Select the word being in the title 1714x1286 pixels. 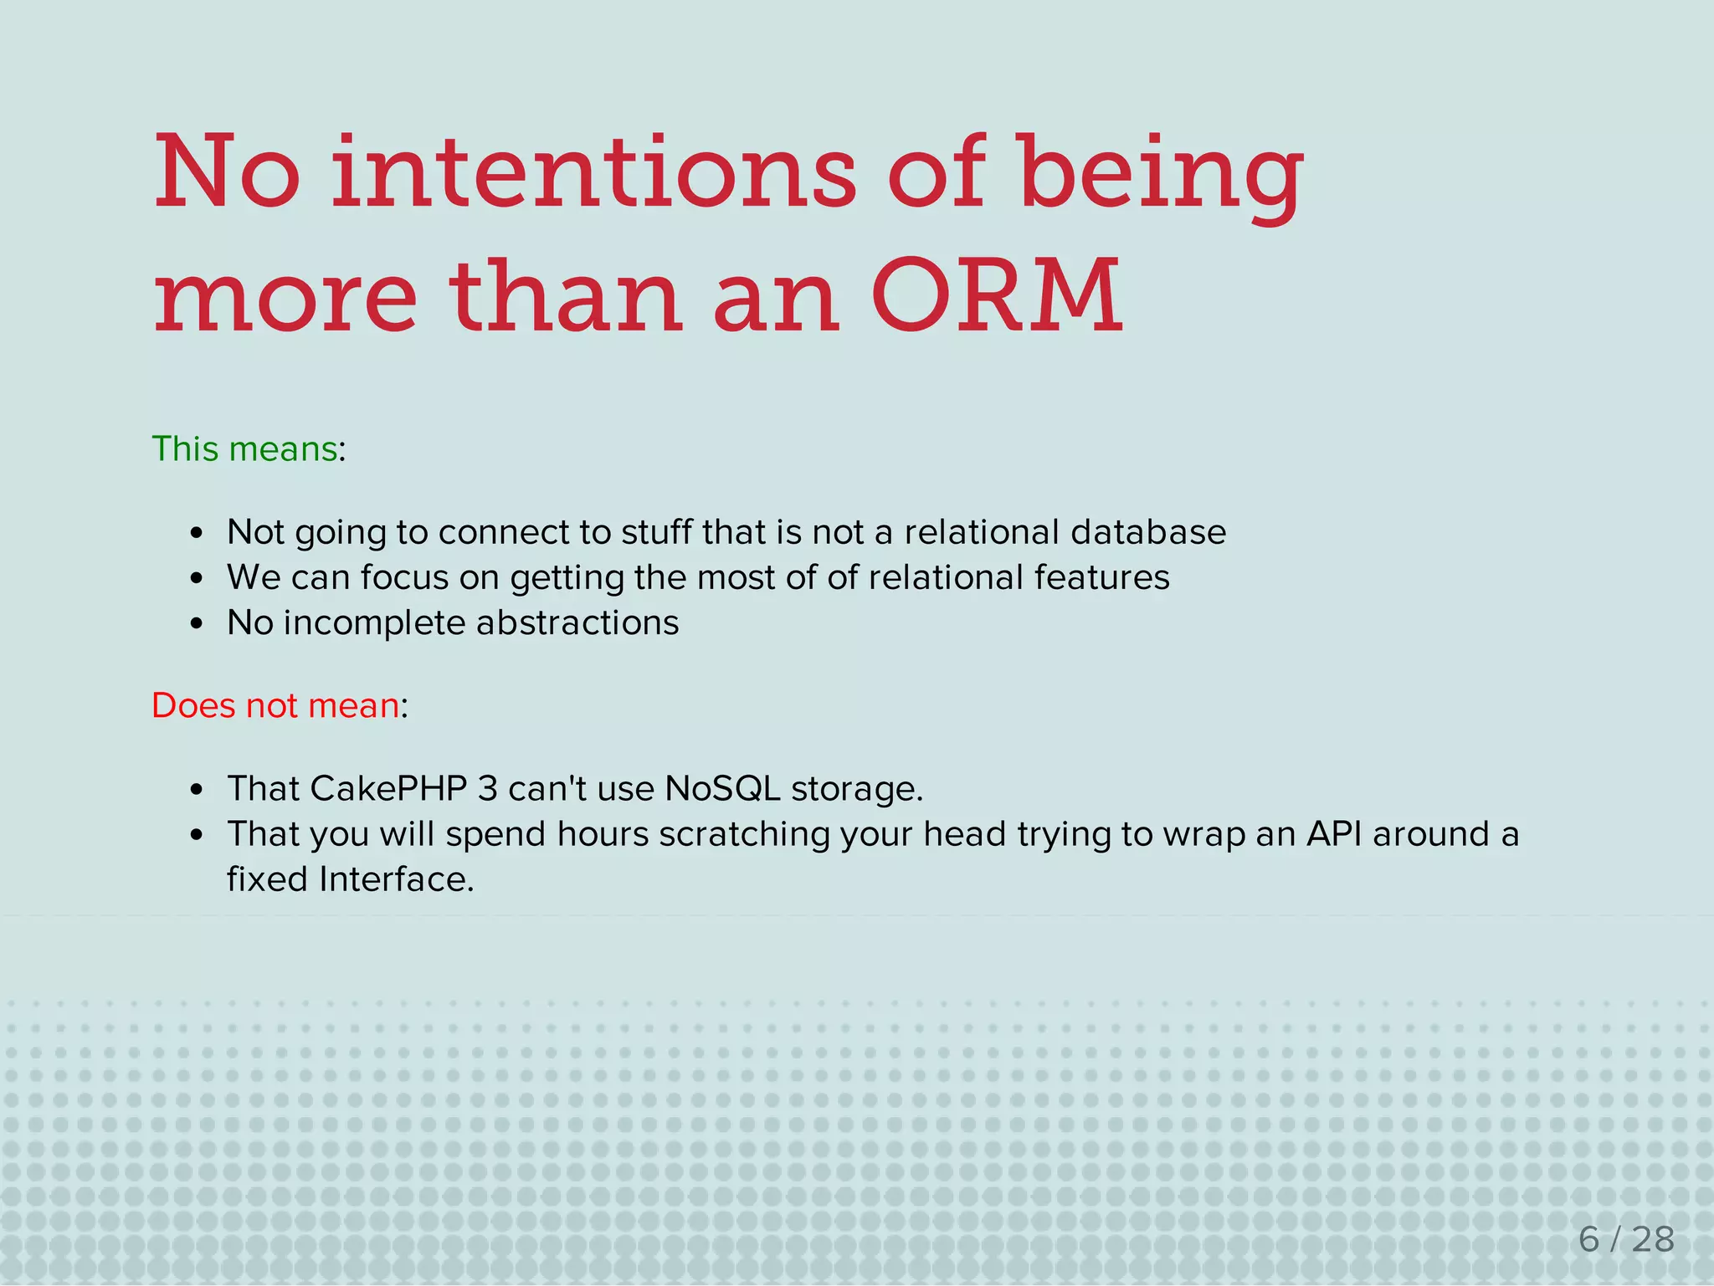pos(1161,176)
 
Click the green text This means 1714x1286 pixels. pos(244,449)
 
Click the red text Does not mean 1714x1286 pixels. pos(275,706)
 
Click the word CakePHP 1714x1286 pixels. pos(387,789)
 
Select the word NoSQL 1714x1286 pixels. pos(722,789)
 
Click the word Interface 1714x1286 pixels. pos(396,879)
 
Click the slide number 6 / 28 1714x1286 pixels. pos(1626,1239)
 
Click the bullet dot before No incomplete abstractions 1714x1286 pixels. pos(197,624)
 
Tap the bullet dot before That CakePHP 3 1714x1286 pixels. pos(197,790)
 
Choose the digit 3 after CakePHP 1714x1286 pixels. pos(487,789)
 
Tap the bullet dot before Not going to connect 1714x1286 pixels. pos(197,534)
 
